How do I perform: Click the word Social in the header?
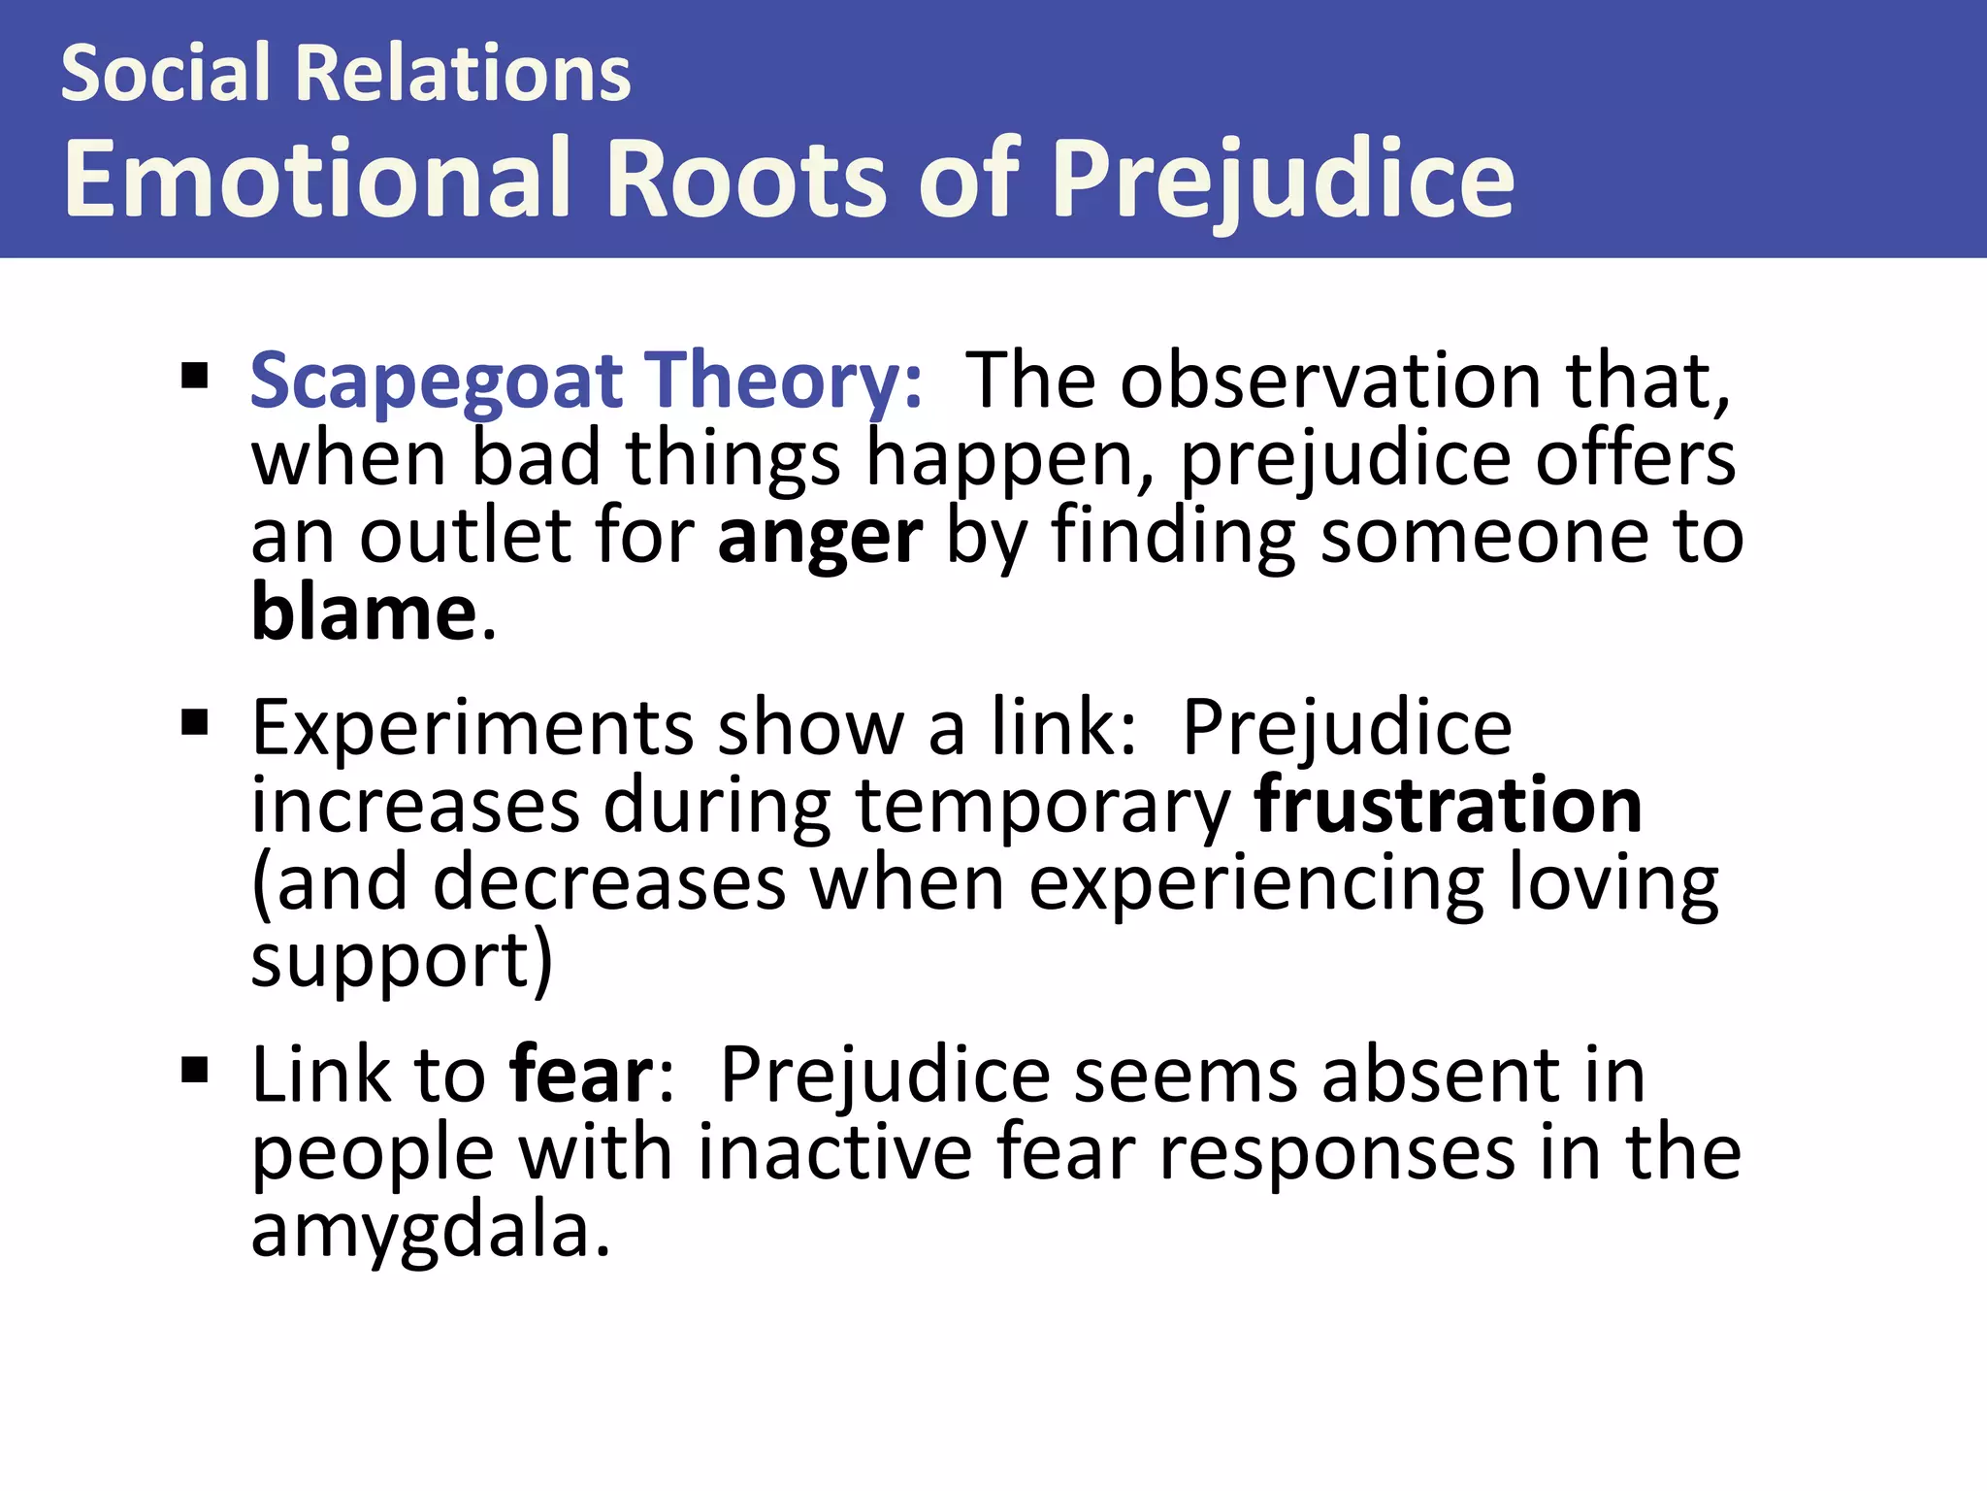click(165, 74)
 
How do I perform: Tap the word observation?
click(1330, 381)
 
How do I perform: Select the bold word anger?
click(820, 537)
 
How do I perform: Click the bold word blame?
click(364, 613)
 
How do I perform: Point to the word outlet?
click(466, 537)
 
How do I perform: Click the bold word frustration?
click(1448, 805)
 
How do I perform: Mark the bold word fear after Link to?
click(582, 1075)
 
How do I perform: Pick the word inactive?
click(834, 1152)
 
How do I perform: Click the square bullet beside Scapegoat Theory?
click(195, 376)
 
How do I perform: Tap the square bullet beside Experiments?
click(195, 723)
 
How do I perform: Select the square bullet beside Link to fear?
click(195, 1070)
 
